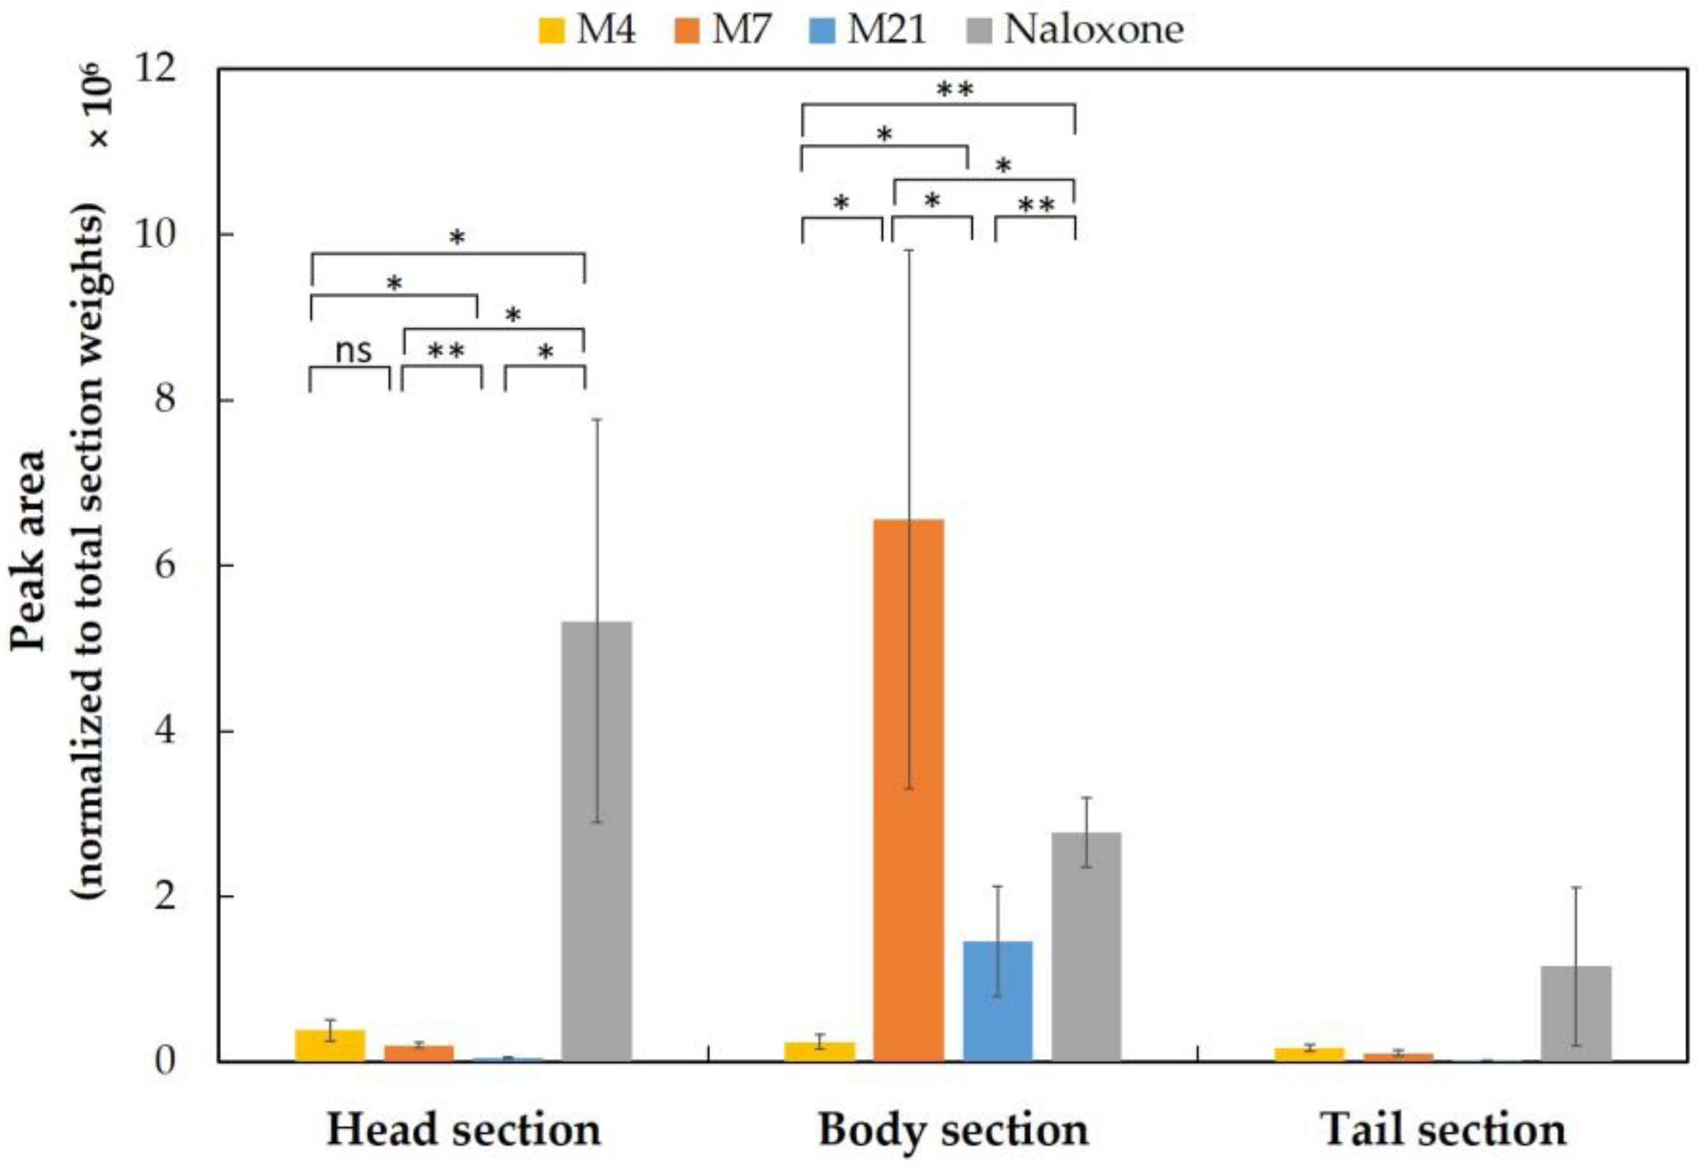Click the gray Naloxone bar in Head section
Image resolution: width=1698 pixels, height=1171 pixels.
tap(596, 841)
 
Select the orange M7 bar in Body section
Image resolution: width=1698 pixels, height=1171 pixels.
tap(908, 790)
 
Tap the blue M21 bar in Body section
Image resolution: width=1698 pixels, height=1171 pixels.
tap(997, 1001)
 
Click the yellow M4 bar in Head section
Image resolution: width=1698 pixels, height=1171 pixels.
tap(330, 1046)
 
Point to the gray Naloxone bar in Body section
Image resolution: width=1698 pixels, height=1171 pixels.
tap(1086, 946)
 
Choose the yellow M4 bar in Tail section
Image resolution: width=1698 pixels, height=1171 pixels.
tap(1309, 1055)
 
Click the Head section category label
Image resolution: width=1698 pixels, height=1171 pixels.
tap(464, 1130)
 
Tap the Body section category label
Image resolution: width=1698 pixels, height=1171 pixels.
tap(953, 1130)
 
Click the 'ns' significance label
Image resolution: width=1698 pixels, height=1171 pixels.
tap(353, 351)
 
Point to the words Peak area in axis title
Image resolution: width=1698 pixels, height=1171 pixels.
tap(28, 550)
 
